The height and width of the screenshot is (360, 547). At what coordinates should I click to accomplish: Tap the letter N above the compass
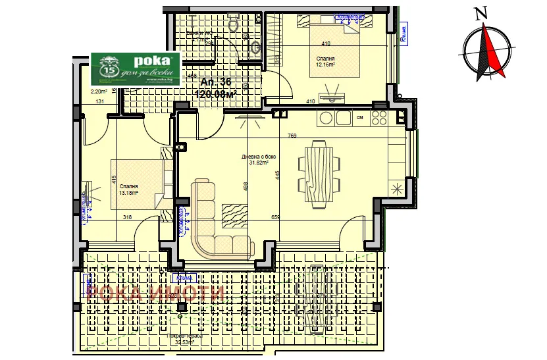click(x=482, y=13)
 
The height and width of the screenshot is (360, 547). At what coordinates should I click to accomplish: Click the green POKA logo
click(x=135, y=68)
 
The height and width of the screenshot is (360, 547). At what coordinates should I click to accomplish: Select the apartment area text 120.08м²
click(x=216, y=94)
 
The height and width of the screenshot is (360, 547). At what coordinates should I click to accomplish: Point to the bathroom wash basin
click(x=256, y=47)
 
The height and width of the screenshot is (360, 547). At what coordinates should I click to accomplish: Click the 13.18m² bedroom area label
click(x=129, y=190)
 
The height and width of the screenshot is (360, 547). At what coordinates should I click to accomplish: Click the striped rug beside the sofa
click(x=234, y=215)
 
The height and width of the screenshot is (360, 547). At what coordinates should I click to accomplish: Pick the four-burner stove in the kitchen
click(x=379, y=118)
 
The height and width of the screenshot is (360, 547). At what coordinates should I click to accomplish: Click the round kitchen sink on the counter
click(x=326, y=118)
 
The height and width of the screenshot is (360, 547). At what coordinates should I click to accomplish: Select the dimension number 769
click(x=292, y=136)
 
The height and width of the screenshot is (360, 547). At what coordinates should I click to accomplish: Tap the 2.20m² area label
click(x=99, y=91)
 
